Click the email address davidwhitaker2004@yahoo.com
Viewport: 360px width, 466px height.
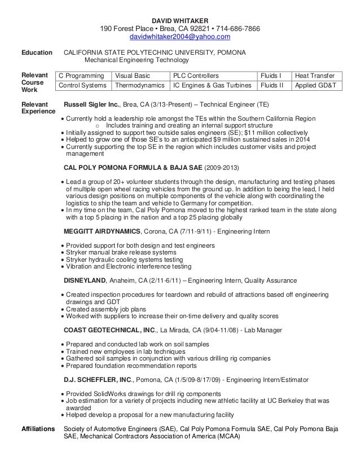click(x=181, y=37)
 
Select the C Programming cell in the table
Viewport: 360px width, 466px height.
click(x=82, y=75)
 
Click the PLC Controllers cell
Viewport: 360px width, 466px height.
click(x=196, y=75)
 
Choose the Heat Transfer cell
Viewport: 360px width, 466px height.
click(x=314, y=75)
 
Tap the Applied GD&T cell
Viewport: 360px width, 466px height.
click(x=314, y=86)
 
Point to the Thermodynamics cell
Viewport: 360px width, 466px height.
click(x=141, y=86)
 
